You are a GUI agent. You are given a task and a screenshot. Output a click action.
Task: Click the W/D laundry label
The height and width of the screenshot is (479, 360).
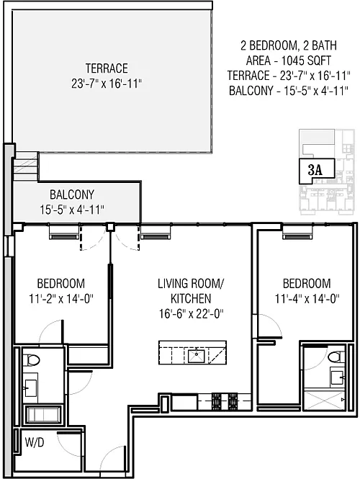[x=35, y=442]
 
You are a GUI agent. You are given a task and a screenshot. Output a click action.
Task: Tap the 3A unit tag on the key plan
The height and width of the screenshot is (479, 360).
[x=315, y=170]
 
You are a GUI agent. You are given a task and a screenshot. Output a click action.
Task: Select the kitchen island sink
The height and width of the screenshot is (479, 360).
[x=196, y=357]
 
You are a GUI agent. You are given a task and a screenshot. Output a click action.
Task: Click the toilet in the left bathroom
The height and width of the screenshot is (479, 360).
[x=31, y=359]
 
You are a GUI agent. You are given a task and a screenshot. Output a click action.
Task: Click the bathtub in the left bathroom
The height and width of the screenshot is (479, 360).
[x=43, y=415]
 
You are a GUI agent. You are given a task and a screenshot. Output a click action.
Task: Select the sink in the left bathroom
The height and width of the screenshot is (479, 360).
[x=30, y=388]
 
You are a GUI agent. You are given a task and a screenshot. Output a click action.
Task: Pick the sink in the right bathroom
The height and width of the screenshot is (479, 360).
[x=338, y=377]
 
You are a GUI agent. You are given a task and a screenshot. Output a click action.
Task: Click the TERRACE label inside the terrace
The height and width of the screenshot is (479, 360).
[x=107, y=68]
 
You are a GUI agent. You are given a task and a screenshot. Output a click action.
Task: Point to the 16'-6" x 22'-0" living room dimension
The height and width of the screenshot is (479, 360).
[x=192, y=313]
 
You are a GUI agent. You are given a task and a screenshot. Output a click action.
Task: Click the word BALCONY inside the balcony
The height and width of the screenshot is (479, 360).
[x=72, y=194]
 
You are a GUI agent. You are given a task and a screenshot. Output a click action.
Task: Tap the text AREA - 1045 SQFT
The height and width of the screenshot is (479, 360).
[x=289, y=61]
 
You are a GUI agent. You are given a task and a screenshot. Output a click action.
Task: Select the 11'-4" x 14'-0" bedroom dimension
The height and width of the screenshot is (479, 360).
[x=307, y=298]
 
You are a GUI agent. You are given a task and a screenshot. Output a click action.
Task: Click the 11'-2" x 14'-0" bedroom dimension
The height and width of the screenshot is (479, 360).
[x=61, y=298]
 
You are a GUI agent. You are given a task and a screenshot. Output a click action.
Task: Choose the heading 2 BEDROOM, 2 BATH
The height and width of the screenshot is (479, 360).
[x=289, y=45]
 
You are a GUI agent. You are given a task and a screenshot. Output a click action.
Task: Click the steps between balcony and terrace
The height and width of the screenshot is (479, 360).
[x=26, y=166]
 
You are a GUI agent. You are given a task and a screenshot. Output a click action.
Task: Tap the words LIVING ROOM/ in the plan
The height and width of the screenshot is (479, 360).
[x=191, y=284]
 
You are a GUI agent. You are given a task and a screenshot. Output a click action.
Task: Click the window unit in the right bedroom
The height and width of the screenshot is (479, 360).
[x=297, y=236]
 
